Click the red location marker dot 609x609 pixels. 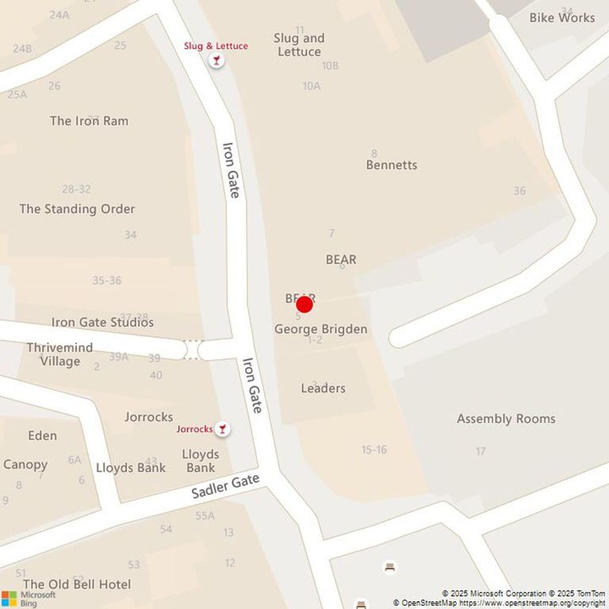[304, 304]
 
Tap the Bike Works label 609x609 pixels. [561, 17]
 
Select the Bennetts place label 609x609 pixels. [391, 165]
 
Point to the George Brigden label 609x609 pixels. [320, 328]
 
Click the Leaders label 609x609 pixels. [323, 388]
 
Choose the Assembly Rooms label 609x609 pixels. [506, 419]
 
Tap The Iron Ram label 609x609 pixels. [89, 121]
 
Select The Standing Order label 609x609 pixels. [77, 209]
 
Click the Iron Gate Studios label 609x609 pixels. [102, 322]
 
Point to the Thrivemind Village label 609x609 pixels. [59, 354]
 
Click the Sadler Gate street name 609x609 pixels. [225, 486]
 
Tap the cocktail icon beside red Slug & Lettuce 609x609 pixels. [216, 60]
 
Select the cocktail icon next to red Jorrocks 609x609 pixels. [223, 429]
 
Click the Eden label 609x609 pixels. [42, 435]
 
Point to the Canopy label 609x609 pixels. [25, 464]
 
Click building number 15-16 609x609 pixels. [374, 450]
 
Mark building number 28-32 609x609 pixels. [76, 189]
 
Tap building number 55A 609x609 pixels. [205, 515]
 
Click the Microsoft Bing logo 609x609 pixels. [29, 598]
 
